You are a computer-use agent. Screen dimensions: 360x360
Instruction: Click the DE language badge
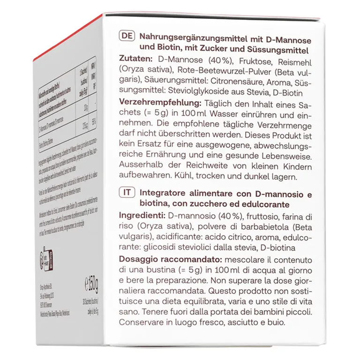click(126, 37)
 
